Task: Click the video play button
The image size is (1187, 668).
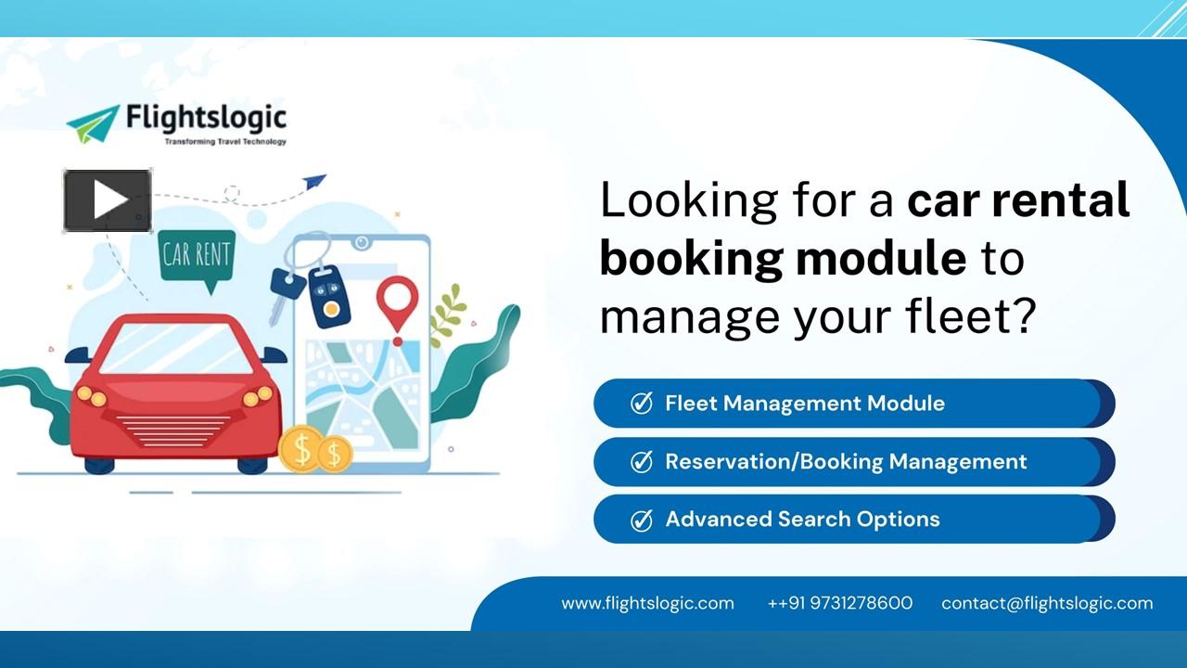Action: pos(108,200)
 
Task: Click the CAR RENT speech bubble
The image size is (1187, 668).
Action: pos(197,255)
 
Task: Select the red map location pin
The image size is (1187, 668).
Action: pos(397,302)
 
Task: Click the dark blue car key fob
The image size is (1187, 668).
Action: pos(328,295)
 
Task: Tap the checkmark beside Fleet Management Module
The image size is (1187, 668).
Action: pos(641,404)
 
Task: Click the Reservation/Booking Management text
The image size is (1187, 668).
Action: pos(846,461)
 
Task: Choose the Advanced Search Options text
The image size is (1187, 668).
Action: pos(802,519)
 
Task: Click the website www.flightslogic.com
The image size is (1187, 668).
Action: pos(647,603)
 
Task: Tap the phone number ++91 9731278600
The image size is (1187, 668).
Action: pos(839,603)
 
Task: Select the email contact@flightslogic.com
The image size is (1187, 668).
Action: pos(1047,603)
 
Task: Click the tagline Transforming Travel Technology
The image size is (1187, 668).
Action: pos(224,142)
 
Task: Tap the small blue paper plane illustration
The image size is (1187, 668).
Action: pos(314,181)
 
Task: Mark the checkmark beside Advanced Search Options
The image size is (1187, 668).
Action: pos(641,520)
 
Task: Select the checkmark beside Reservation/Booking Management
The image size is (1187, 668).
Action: pos(641,462)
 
